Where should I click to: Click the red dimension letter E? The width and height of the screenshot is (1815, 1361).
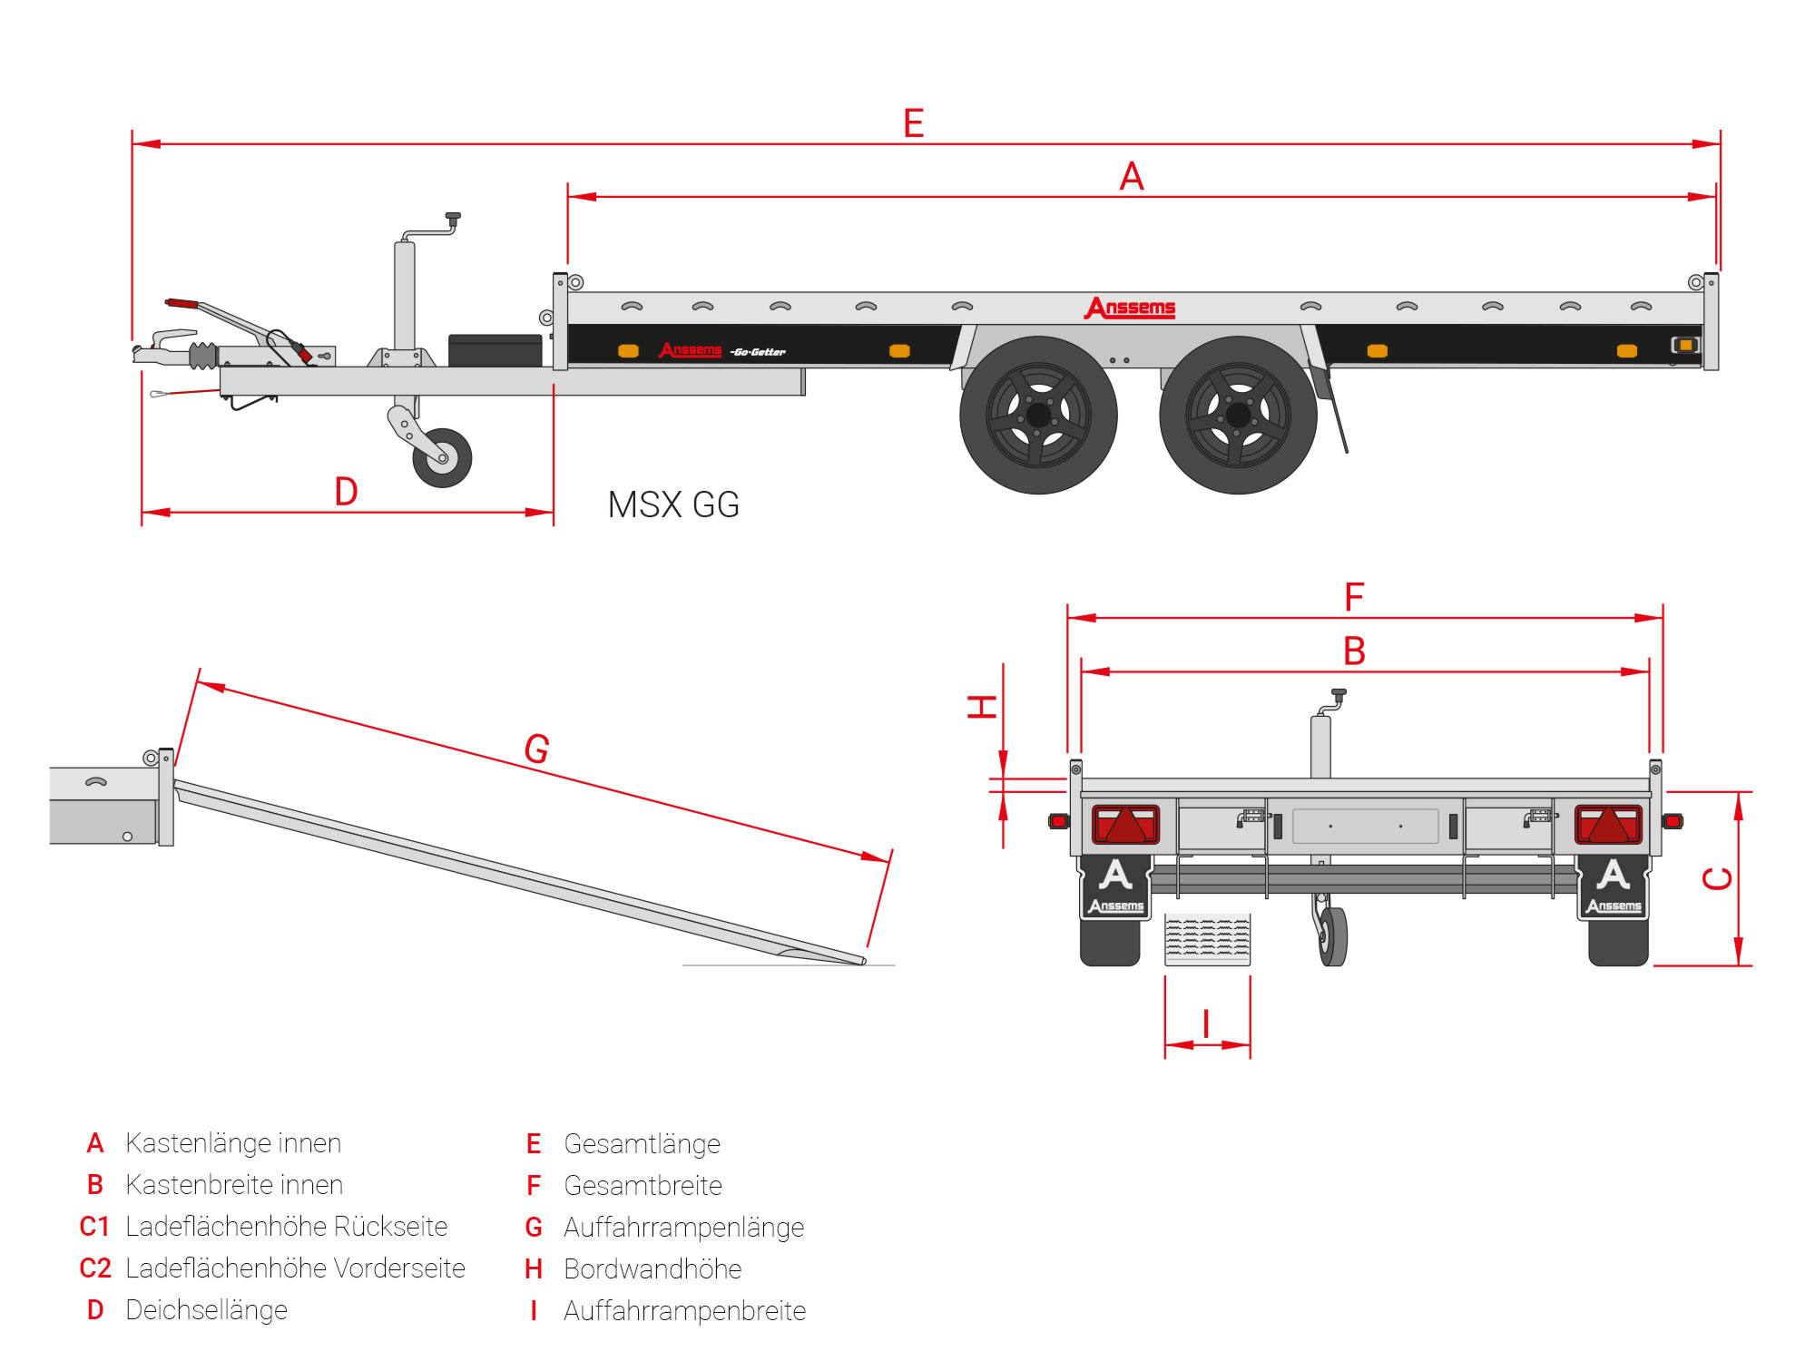point(913,123)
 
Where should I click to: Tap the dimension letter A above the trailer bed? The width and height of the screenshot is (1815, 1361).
point(1131,176)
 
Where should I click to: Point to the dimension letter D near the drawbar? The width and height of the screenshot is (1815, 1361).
point(346,492)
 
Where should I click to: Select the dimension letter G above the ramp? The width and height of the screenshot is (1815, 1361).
point(536,749)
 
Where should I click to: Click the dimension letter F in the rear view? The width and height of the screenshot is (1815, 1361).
point(1354,598)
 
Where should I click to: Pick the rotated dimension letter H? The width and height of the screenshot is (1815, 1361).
point(983,707)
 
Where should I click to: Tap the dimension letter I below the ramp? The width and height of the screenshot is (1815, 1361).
point(1206,1024)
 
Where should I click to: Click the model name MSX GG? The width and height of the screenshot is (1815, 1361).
point(673,505)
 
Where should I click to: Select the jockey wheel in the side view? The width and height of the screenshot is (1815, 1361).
point(442,458)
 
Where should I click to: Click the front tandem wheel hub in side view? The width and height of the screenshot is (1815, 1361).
point(1038,416)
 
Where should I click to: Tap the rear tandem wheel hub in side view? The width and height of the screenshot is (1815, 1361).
point(1238,416)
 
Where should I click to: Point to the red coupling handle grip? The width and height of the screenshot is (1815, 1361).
point(181,303)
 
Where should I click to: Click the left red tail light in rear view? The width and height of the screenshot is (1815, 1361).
point(1125,825)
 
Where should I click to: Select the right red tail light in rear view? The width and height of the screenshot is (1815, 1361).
point(1608,825)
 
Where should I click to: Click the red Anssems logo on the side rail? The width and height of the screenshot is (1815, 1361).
point(1130,308)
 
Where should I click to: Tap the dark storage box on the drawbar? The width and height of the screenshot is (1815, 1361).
point(495,350)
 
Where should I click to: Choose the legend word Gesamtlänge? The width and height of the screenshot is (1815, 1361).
point(642,1144)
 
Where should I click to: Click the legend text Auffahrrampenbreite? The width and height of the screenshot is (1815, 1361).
point(684,1311)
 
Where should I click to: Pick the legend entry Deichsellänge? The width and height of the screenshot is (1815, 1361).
point(206,1310)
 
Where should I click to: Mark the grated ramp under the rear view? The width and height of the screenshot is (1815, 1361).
point(1207,939)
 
